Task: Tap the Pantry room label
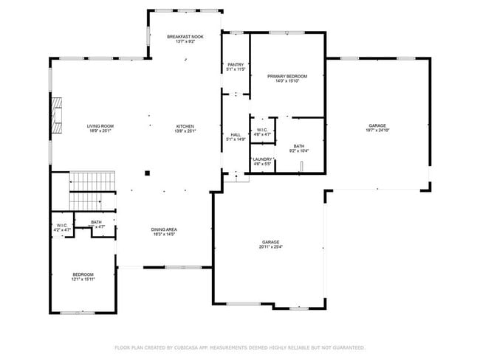tap(236, 65)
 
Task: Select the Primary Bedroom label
tap(287, 77)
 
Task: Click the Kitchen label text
tap(185, 127)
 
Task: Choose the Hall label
tap(236, 135)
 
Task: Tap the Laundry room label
tap(262, 159)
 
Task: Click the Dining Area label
tap(163, 229)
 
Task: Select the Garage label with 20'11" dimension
tap(270, 242)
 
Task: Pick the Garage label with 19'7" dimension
tap(377, 126)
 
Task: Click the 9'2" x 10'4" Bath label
tap(298, 147)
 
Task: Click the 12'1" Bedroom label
tap(83, 274)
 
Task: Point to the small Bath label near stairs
tap(97, 222)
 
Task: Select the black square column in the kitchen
tap(148, 173)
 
